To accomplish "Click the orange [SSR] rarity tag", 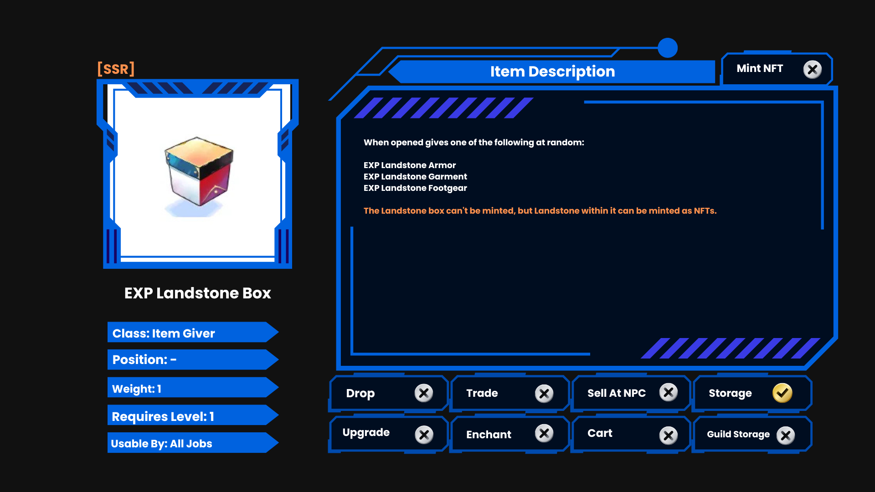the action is [116, 69].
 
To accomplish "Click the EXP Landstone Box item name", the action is [198, 293].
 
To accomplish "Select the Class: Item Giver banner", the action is [193, 333].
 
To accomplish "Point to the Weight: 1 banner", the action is [193, 388].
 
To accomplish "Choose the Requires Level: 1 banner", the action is [193, 416].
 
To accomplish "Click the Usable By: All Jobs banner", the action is [193, 443].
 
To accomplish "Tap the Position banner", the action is [193, 360].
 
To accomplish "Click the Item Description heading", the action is [552, 72].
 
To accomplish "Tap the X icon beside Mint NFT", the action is [812, 69].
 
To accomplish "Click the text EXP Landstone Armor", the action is [410, 165].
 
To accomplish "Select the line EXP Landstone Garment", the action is [415, 176].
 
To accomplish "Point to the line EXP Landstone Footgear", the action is [415, 188].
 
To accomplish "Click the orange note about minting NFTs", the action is [540, 210].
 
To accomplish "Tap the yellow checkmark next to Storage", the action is [782, 393].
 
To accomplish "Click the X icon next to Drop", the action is [424, 393].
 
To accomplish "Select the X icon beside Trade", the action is [544, 393].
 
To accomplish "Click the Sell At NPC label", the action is [617, 393].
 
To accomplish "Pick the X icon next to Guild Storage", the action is [786, 436].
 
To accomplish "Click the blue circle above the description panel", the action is [668, 48].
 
